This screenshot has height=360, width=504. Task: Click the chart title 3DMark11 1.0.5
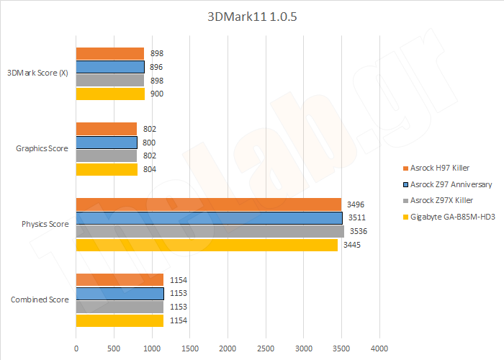click(251, 17)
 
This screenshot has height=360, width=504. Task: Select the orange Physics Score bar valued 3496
click(208, 204)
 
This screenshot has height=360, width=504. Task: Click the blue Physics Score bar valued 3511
click(209, 217)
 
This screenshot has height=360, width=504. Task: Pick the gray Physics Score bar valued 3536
click(210, 231)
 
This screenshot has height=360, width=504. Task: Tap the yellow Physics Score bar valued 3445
click(206, 245)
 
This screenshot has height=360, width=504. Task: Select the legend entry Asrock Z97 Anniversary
click(450, 184)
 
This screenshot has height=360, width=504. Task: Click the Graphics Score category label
click(42, 149)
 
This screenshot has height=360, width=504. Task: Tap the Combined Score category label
click(40, 300)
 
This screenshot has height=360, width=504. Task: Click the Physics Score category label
click(45, 224)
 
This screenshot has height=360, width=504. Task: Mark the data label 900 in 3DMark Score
click(157, 94)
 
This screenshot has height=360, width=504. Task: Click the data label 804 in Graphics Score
click(149, 169)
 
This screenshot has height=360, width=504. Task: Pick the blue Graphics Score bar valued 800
click(106, 143)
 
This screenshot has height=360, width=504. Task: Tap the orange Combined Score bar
click(120, 279)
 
